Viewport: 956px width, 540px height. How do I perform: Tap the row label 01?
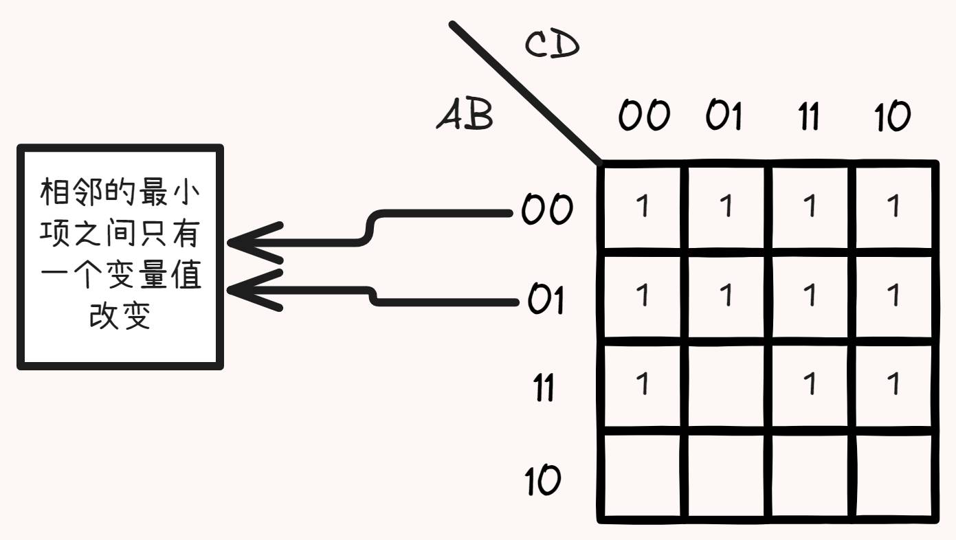pyautogui.click(x=546, y=300)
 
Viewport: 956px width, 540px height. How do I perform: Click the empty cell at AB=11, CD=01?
pyautogui.click(x=728, y=385)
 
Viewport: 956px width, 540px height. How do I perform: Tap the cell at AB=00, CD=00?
pyautogui.click(x=643, y=206)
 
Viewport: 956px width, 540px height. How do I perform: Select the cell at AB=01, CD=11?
pyautogui.click(x=812, y=295)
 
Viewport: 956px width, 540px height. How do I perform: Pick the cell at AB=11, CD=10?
pyautogui.click(x=894, y=385)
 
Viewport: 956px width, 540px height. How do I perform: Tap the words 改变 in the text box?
pyautogui.click(x=120, y=317)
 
